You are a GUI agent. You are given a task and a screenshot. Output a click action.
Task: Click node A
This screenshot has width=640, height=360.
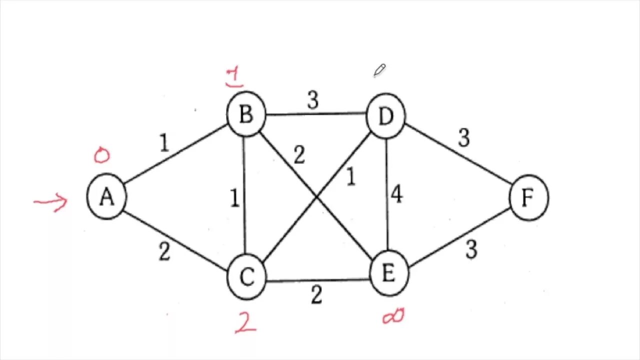pos(106,197)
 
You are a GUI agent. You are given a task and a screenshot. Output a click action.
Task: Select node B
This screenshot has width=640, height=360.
pos(245,114)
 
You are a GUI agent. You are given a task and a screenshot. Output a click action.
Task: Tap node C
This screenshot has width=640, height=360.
pos(246,277)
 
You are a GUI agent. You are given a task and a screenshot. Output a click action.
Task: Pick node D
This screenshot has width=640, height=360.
pos(385,116)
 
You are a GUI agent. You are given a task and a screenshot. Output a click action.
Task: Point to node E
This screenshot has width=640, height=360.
pos(388,273)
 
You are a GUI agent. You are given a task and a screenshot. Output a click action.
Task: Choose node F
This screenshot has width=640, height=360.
pos(528,198)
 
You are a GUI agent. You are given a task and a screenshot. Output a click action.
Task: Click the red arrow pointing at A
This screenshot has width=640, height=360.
pos(51,202)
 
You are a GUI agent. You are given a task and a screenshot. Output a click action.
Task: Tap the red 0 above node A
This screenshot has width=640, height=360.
pos(101,155)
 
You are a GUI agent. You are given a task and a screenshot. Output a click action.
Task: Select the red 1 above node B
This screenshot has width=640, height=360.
pos(234,77)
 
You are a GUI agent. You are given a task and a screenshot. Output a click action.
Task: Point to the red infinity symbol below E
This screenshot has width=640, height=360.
pos(393,316)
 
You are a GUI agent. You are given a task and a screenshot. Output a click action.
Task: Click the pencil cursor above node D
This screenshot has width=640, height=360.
pos(379,70)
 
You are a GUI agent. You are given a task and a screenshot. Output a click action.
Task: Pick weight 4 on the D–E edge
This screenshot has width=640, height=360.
pos(397,195)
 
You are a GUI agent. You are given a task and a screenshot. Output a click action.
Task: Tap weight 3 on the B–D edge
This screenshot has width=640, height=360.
pos(313,100)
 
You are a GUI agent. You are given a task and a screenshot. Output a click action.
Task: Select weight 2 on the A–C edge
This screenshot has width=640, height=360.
pos(164,252)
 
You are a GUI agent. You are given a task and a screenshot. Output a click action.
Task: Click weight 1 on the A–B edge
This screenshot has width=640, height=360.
pos(164,144)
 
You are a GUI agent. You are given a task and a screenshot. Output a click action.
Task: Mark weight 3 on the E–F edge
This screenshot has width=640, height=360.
pos(471,249)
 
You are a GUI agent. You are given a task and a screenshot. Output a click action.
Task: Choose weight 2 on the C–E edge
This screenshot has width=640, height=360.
pos(316,295)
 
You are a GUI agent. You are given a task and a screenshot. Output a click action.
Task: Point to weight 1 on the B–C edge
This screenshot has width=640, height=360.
pos(234,198)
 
